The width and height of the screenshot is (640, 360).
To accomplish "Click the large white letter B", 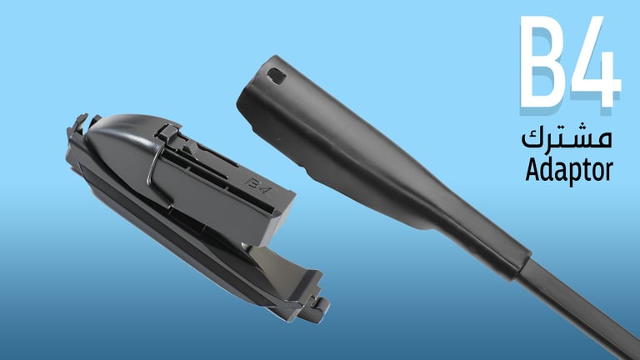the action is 542,61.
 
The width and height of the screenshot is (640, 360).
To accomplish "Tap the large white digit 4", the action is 595,61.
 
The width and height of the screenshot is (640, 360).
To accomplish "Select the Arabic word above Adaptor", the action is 567,138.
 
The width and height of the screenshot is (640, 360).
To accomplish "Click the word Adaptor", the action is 569,170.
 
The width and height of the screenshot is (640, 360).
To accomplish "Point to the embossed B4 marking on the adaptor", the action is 258,186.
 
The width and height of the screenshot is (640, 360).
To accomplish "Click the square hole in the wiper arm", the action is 277,77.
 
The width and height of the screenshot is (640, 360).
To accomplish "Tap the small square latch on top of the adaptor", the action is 168,132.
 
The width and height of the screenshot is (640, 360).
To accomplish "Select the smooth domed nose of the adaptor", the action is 118,139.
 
